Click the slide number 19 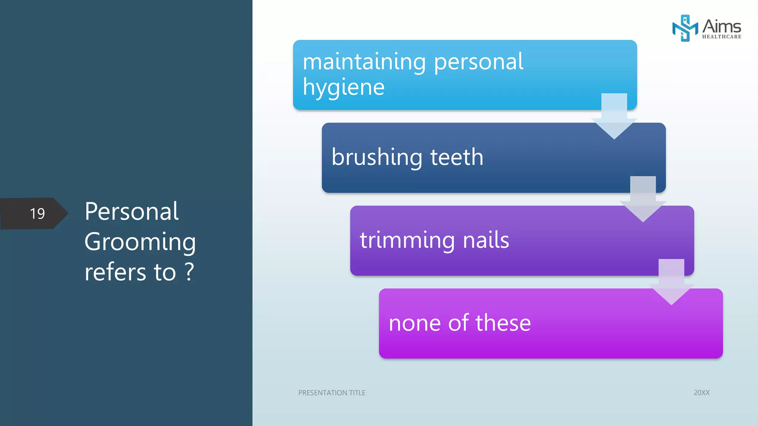37,214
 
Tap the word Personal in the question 132,212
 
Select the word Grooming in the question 140,243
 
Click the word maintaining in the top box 364,62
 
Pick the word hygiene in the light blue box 344,88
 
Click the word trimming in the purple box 407,240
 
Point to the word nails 486,240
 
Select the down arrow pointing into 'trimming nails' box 643,202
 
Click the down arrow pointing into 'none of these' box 671,285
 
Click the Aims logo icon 684,28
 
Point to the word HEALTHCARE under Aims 721,37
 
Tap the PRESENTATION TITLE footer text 332,393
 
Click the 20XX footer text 701,393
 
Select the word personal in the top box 478,62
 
